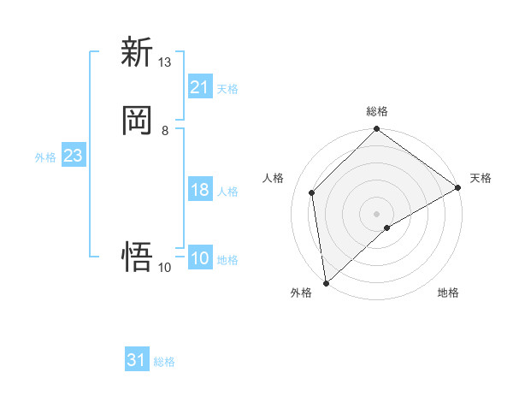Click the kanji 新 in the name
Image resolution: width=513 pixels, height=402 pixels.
(x=137, y=52)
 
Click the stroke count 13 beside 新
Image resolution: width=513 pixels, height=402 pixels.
(x=165, y=62)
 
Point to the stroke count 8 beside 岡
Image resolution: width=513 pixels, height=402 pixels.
(x=165, y=130)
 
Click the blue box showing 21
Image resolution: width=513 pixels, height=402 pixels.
(x=200, y=87)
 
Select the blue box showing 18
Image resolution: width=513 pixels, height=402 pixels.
(x=200, y=190)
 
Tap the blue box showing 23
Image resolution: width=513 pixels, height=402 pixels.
(x=73, y=157)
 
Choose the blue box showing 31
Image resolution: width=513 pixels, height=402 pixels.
(x=137, y=360)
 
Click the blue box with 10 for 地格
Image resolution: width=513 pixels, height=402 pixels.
(x=200, y=259)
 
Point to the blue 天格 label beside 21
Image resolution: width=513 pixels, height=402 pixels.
(x=227, y=88)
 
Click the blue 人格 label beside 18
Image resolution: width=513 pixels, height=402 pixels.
(x=227, y=192)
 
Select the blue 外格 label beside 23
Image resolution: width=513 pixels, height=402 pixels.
(x=45, y=157)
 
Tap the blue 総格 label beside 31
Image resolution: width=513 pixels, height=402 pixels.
(x=164, y=362)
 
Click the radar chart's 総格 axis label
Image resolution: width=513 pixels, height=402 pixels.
(x=377, y=111)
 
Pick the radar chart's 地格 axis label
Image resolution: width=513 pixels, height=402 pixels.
(x=448, y=293)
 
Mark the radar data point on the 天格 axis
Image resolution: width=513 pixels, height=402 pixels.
(x=458, y=188)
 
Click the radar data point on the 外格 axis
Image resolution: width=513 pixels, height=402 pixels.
(x=326, y=282)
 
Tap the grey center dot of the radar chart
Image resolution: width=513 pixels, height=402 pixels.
(x=377, y=213)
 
